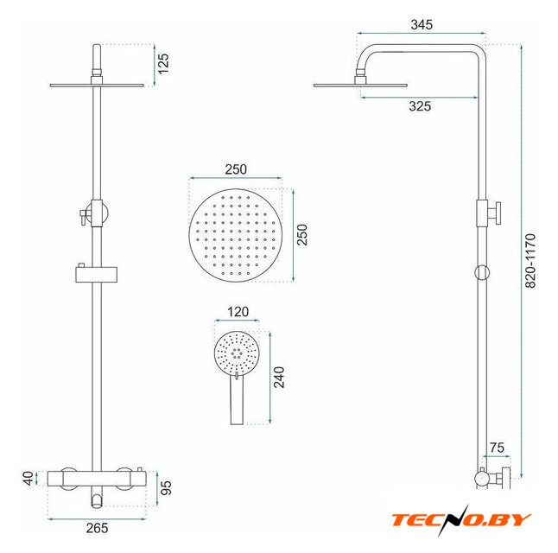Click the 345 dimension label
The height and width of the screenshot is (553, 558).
422,24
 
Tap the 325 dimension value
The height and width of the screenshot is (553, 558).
420,106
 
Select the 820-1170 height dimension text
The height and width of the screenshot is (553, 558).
530,261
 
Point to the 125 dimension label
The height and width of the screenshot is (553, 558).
163,64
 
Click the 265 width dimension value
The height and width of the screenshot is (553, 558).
97,528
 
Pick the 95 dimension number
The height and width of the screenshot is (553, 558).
166,488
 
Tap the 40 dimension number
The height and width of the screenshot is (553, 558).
29,478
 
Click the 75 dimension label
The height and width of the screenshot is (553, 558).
497,448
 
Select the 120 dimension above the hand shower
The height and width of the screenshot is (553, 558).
238,312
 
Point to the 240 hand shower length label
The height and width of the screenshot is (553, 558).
279,378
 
